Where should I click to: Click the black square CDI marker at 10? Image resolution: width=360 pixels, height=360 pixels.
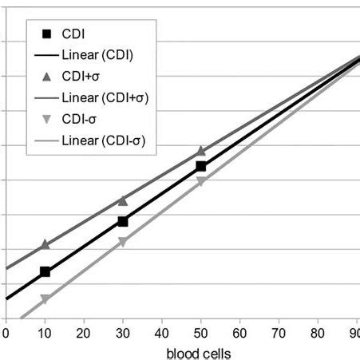45,272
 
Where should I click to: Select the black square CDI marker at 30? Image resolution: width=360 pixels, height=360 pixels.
123,221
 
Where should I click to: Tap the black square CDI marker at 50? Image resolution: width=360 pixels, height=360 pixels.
201,166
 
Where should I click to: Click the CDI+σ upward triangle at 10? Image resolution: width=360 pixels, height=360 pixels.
45,243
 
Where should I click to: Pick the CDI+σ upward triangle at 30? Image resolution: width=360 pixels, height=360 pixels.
123,200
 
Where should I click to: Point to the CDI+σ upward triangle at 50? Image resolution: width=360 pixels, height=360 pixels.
201,150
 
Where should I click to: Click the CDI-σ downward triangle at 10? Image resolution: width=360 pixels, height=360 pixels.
45,299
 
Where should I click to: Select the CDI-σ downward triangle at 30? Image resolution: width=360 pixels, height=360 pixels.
123,243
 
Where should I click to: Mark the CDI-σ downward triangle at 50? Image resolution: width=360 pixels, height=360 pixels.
201,183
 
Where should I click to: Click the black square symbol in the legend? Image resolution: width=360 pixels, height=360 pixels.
45,34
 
